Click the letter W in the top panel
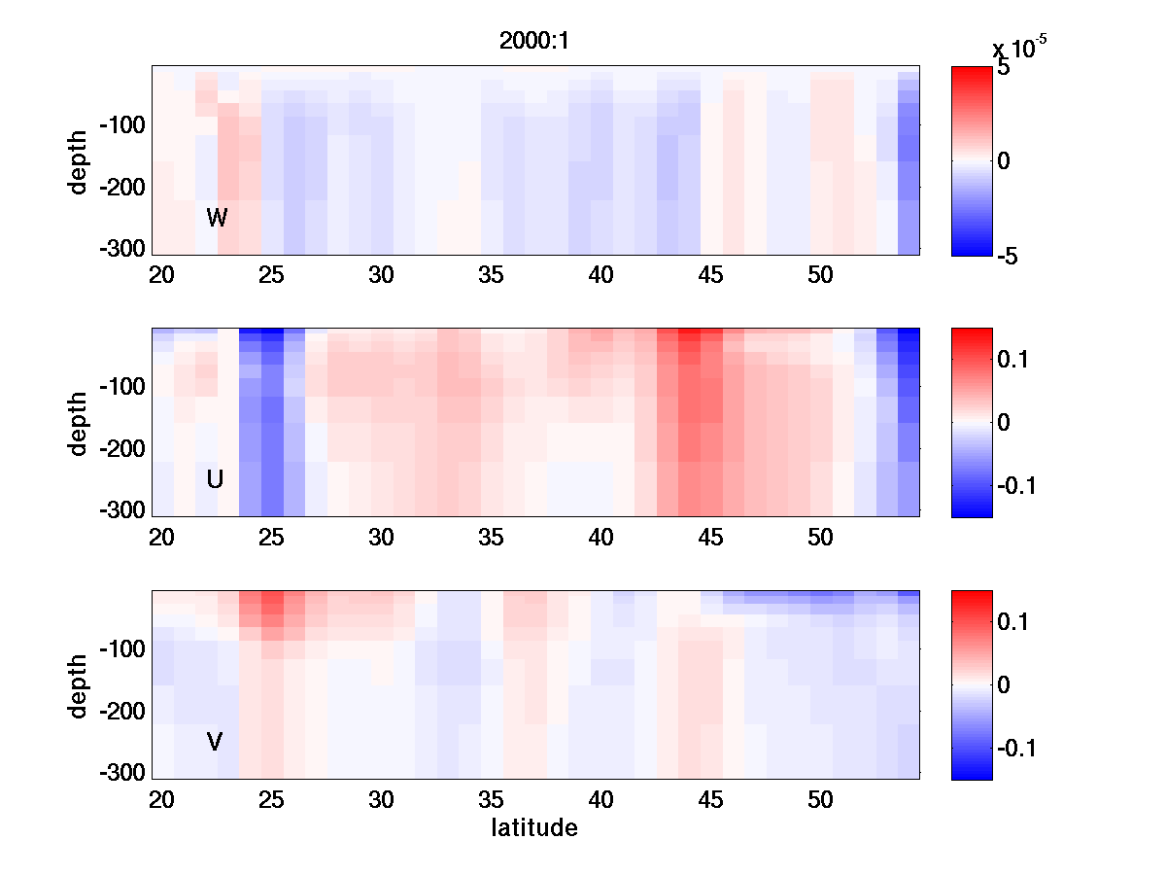pos(217,218)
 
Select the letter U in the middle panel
pos(215,479)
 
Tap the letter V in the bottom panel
pos(215,742)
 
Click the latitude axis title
pos(534,828)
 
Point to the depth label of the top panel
pos(79,161)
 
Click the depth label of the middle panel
pos(79,423)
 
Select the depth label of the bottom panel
pos(79,685)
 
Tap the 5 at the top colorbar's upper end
pos(1004,69)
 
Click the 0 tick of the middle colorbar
pos(1004,422)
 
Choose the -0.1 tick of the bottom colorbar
pos(1016,748)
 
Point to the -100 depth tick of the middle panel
pos(124,387)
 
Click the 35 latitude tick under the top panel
pos(492,276)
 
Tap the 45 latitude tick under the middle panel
pos(711,538)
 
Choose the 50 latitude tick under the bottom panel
pos(821,800)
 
